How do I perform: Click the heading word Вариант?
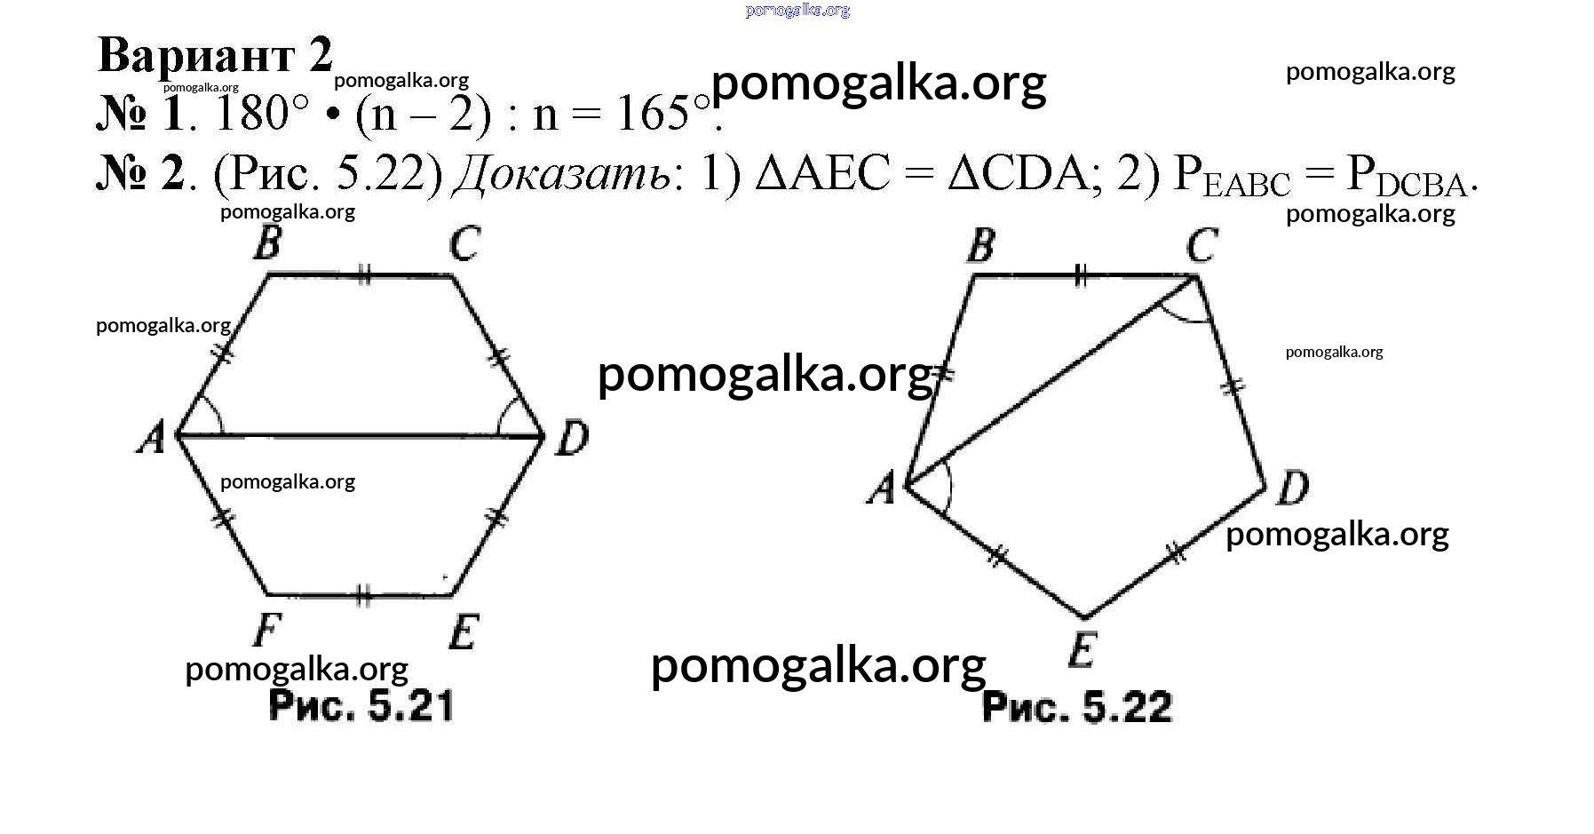(x=194, y=55)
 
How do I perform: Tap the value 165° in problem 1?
(x=664, y=115)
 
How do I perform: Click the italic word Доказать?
(x=562, y=173)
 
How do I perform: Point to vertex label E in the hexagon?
(x=464, y=632)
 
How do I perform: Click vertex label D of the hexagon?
(x=572, y=438)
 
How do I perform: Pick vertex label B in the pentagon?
(x=980, y=245)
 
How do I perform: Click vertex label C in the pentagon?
(x=1201, y=245)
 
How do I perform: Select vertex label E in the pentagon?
(x=1082, y=650)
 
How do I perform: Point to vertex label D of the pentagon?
(x=1292, y=488)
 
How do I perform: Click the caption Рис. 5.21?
(x=361, y=706)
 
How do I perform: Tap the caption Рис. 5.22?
(x=1077, y=707)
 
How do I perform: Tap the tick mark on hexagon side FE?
(x=361, y=594)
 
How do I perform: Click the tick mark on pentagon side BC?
(x=1080, y=275)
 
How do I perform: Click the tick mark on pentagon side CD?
(x=1233, y=386)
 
